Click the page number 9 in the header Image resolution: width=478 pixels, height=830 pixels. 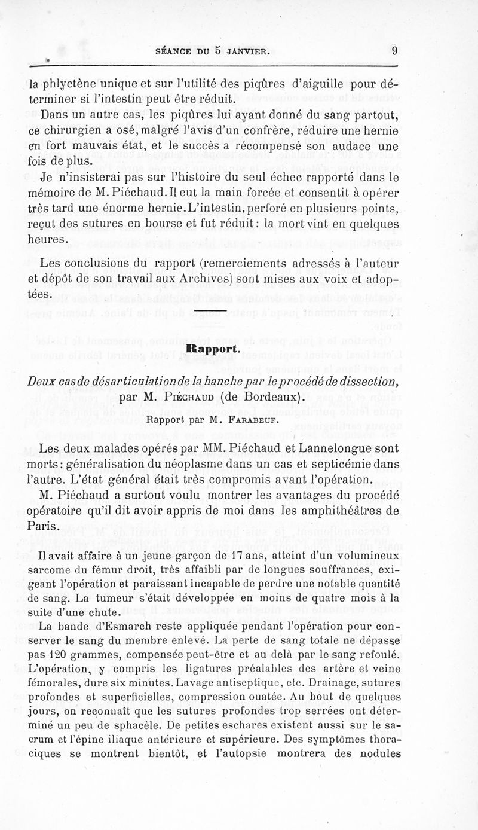coord(395,51)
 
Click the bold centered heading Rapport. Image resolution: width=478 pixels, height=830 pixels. coord(214,348)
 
